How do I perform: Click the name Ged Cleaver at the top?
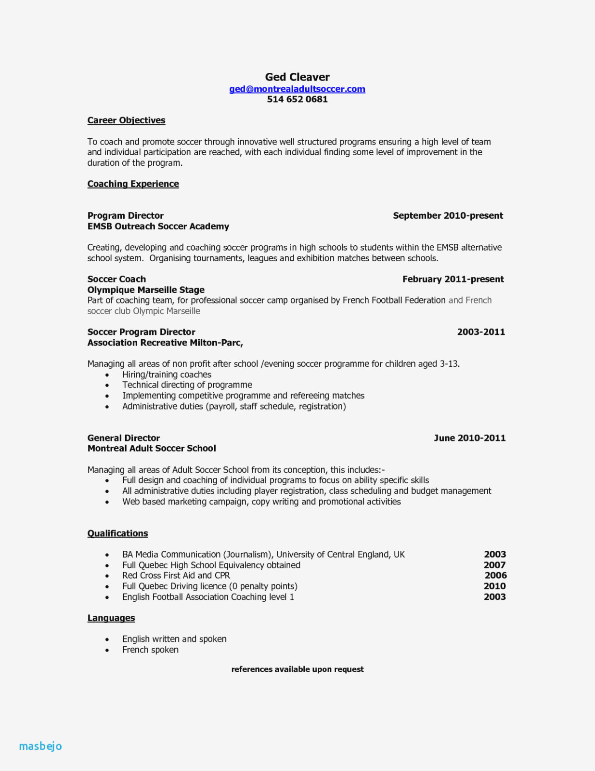pyautogui.click(x=297, y=77)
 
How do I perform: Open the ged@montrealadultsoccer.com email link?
pyautogui.click(x=297, y=89)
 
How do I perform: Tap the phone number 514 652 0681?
pyautogui.click(x=297, y=99)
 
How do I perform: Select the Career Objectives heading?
pyautogui.click(x=126, y=120)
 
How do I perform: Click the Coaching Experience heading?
pyautogui.click(x=133, y=184)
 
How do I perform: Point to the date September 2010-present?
pyautogui.click(x=448, y=216)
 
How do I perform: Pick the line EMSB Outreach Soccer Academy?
pyautogui.click(x=158, y=226)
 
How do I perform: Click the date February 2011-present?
pyautogui.click(x=453, y=279)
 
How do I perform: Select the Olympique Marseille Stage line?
pyautogui.click(x=146, y=290)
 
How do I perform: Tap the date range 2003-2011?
pyautogui.click(x=481, y=332)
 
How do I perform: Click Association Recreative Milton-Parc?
pyautogui.click(x=165, y=343)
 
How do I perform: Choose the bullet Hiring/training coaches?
pyautogui.click(x=167, y=375)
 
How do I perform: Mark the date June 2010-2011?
pyautogui.click(x=469, y=438)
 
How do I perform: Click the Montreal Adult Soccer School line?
pyautogui.click(x=152, y=449)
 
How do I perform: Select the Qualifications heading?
pyautogui.click(x=117, y=533)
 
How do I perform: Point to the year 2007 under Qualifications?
pyautogui.click(x=494, y=565)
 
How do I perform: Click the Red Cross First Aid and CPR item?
pyautogui.click(x=176, y=576)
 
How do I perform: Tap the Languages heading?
pyautogui.click(x=111, y=618)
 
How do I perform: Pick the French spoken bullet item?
pyautogui.click(x=150, y=650)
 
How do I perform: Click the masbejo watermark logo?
pyautogui.click(x=40, y=746)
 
